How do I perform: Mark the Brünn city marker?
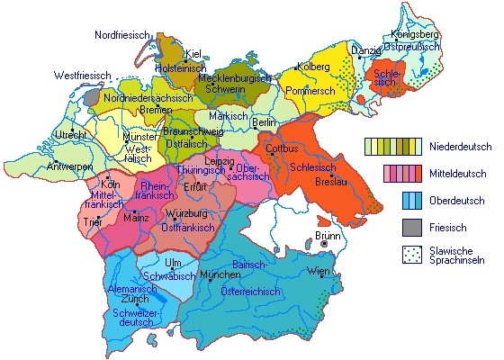pos(323,241)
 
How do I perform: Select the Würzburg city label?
pos(186,213)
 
